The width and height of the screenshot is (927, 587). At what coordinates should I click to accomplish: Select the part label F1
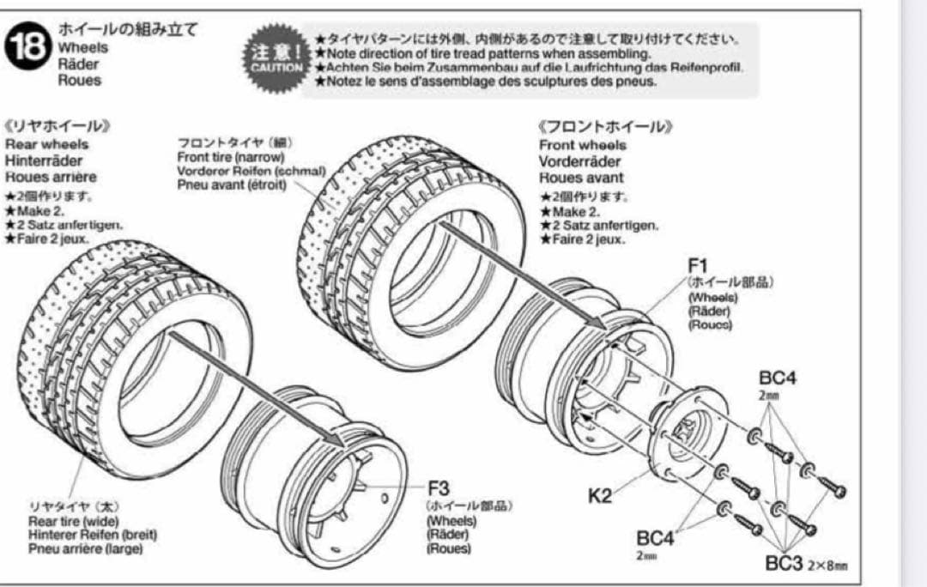[696, 263]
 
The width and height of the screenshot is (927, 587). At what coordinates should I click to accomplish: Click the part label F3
[439, 489]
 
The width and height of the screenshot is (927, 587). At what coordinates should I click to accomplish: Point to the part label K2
[600, 496]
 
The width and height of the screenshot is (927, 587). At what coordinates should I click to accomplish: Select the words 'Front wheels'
[583, 145]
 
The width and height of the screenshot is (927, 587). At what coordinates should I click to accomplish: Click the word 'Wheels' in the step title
[83, 48]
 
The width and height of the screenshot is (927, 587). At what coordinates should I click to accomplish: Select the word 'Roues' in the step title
[79, 80]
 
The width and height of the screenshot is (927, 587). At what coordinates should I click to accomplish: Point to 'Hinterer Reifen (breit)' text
[94, 535]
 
